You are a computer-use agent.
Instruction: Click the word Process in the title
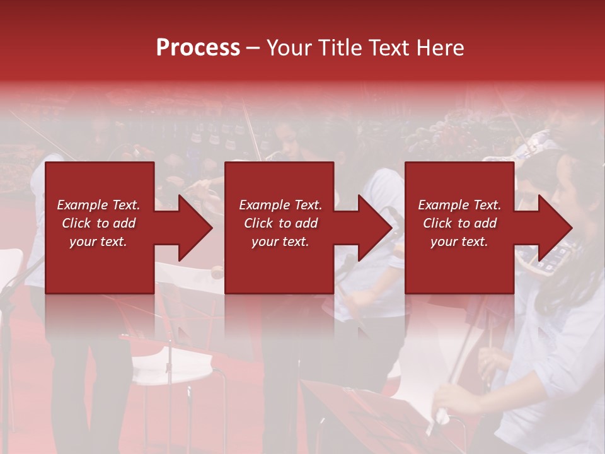pyautogui.click(x=198, y=48)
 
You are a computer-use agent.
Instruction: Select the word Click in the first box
pyautogui.click(x=77, y=223)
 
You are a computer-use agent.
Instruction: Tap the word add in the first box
pyautogui.click(x=124, y=223)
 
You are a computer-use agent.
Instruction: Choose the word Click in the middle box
pyautogui.click(x=259, y=223)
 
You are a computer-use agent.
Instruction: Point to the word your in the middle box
pyautogui.click(x=265, y=242)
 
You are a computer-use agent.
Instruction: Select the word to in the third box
pyautogui.click(x=464, y=223)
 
